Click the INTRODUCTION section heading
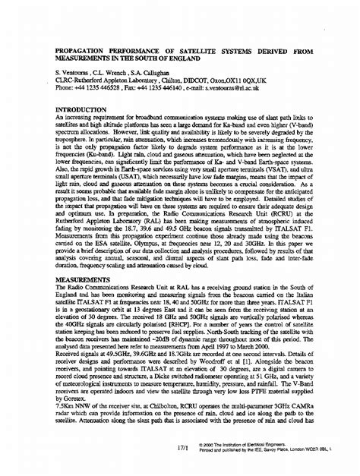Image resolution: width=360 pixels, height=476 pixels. point(85,109)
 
